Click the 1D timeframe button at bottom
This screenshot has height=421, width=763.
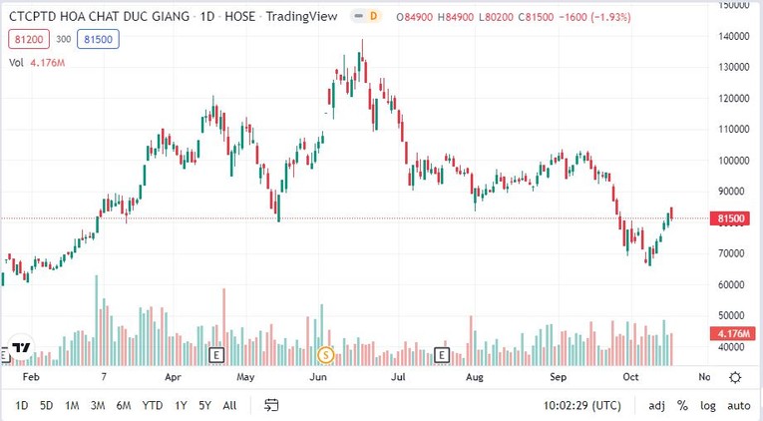(22, 405)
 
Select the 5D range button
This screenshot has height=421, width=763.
(47, 405)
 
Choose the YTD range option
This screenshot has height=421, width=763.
(153, 405)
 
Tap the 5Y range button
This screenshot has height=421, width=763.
(204, 405)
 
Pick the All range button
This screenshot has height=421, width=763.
(229, 405)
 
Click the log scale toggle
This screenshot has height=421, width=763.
(708, 405)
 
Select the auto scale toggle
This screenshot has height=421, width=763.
(738, 405)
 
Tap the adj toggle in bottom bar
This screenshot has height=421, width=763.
(656, 405)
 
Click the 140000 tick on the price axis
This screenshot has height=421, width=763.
(733, 36)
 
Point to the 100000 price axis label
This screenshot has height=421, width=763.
(733, 160)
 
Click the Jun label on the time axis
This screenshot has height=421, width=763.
(319, 378)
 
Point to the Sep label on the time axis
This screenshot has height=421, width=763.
(559, 378)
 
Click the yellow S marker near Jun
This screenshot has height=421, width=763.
(324, 354)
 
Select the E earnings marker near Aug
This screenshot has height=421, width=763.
(442, 354)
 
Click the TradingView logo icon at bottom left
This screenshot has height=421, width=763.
(20, 350)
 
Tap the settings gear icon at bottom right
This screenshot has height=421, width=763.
(735, 377)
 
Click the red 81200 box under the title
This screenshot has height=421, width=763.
(27, 40)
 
